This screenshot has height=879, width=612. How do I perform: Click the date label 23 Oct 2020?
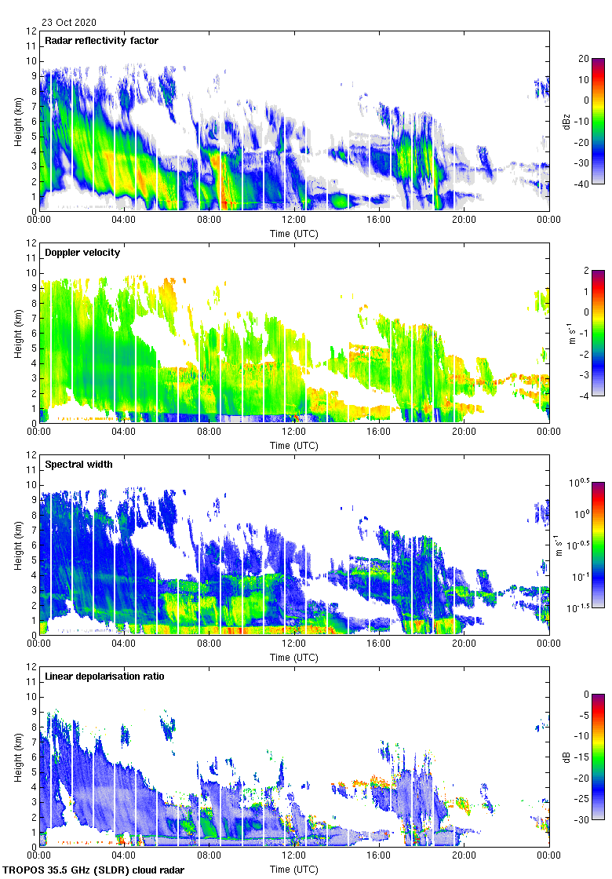69,23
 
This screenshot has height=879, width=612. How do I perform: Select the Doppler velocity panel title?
80,252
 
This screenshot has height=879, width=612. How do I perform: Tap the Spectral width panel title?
79,464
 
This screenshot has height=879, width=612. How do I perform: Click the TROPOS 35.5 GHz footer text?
94,870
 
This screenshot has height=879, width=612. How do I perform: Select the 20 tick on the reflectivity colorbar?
584,58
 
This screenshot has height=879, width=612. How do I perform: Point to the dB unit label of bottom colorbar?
566,757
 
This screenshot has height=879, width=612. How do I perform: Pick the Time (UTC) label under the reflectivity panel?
294,233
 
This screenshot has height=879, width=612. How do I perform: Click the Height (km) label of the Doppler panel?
17,334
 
